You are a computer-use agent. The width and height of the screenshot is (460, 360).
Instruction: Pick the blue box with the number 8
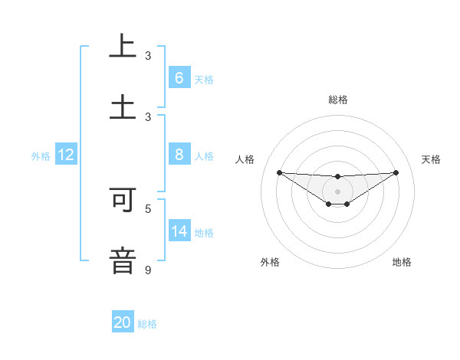tap(179, 155)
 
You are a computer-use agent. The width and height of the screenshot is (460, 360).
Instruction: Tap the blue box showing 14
tap(179, 231)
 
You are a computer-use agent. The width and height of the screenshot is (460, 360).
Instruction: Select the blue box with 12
tap(65, 155)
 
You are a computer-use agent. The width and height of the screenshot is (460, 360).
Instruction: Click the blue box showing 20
tap(123, 322)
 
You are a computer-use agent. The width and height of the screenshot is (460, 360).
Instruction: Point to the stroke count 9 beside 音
tap(148, 270)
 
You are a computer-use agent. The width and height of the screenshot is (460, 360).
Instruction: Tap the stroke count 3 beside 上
tap(148, 56)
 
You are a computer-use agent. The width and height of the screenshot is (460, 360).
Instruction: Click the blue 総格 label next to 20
tap(147, 324)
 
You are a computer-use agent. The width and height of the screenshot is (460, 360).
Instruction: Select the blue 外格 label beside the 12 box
tap(41, 155)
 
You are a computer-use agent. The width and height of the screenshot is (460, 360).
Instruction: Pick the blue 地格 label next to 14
tap(204, 233)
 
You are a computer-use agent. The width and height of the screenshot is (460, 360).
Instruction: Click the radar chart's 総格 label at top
tap(337, 100)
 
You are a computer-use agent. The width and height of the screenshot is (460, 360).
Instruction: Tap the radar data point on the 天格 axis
tap(396, 172)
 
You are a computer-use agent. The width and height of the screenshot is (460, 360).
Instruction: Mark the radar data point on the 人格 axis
tap(279, 172)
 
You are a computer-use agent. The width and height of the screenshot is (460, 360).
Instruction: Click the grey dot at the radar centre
tap(337, 191)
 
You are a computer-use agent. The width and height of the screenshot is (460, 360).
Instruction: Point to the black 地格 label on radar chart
tap(402, 262)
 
